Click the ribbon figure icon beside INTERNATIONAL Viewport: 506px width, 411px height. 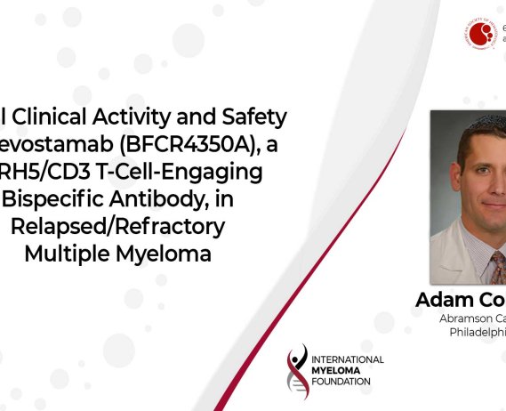click(298, 369)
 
